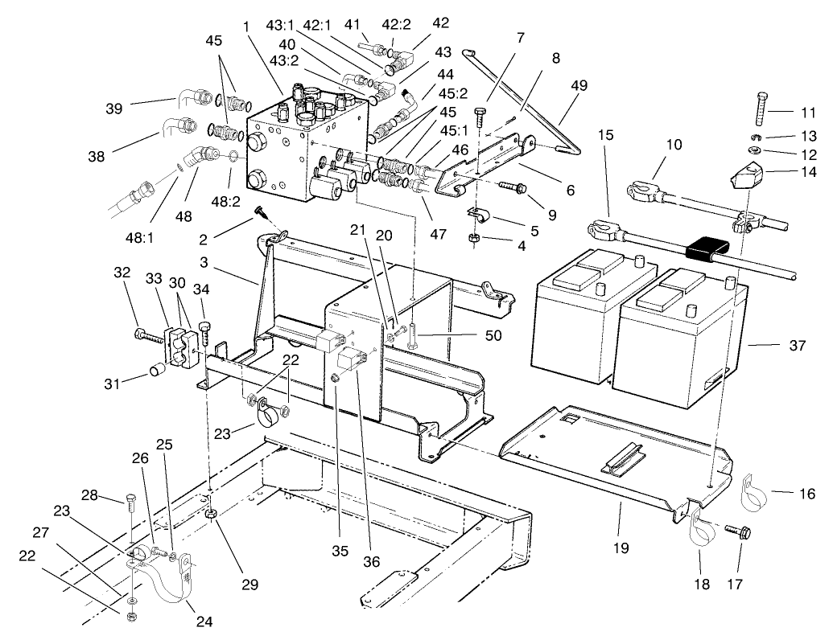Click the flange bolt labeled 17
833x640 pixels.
click(x=736, y=531)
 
